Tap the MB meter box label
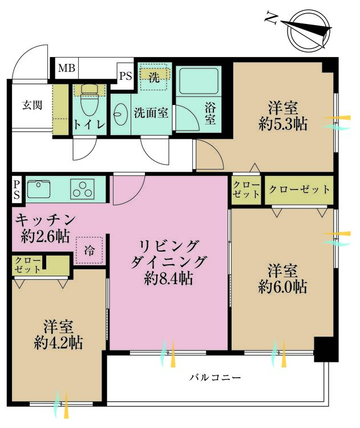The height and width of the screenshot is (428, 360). (x=67, y=68)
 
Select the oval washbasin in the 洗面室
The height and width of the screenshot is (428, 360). (x=120, y=114)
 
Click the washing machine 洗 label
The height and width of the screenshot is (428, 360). (x=154, y=78)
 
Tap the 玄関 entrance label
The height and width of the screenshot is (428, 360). (x=32, y=105)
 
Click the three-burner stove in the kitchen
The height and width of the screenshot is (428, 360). (x=82, y=189)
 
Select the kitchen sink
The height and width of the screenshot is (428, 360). (x=39, y=189)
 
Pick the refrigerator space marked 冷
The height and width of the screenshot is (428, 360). (x=89, y=251)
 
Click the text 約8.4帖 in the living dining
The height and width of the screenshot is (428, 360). (x=169, y=278)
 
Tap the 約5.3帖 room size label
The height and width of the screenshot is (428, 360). (x=283, y=124)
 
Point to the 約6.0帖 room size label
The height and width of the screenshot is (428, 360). (x=282, y=286)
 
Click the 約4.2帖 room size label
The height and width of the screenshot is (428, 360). (x=58, y=342)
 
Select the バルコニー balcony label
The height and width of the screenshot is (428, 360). (x=215, y=378)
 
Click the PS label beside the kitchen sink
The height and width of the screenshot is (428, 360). (x=17, y=189)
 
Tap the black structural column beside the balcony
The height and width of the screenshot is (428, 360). (x=326, y=349)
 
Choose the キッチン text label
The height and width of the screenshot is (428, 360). (x=45, y=220)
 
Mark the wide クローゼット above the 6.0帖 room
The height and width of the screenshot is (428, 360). (x=299, y=190)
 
